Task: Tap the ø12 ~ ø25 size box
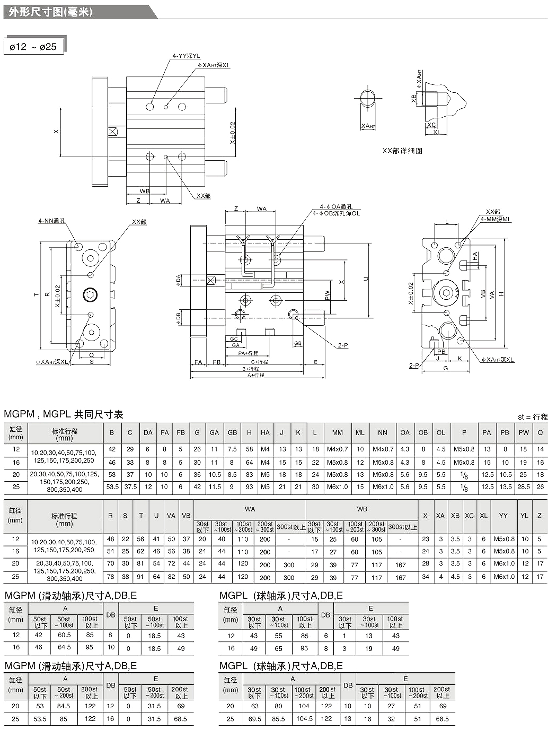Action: point(33,47)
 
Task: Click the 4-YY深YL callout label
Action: point(186,56)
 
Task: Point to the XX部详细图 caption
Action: point(402,151)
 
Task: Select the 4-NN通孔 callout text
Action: point(52,221)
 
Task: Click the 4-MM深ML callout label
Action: point(496,219)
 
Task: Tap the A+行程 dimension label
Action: point(256,375)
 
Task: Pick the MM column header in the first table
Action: point(337,433)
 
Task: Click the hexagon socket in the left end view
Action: point(90,295)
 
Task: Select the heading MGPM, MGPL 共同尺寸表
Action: point(64,414)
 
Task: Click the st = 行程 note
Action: point(532,417)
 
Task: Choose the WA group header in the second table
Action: point(250,509)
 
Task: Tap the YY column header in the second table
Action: point(503,515)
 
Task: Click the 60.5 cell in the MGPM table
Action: point(64,635)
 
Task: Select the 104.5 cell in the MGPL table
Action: point(304,719)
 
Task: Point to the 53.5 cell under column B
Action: point(112,487)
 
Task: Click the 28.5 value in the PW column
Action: point(524,487)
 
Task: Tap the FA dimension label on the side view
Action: point(198,362)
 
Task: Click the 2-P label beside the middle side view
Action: point(343,346)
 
